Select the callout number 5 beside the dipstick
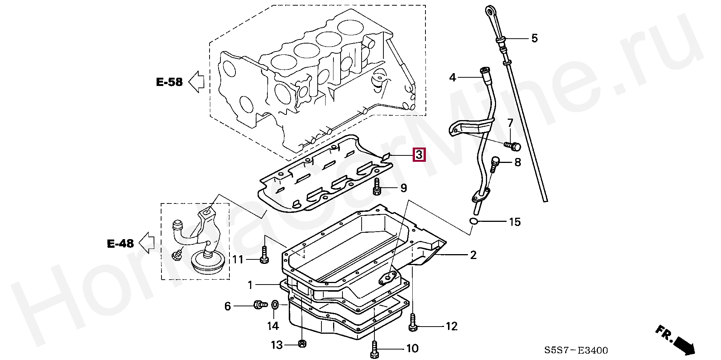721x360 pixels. point(534,38)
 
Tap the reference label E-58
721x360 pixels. point(169,82)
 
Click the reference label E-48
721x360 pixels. point(120,244)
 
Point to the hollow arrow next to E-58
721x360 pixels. point(196,81)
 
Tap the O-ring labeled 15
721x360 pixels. point(474,221)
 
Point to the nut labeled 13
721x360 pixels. point(301,343)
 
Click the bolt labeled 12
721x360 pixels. point(412,323)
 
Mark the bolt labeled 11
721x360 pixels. point(264,255)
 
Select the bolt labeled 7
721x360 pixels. point(513,145)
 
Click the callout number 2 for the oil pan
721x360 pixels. point(473,255)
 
